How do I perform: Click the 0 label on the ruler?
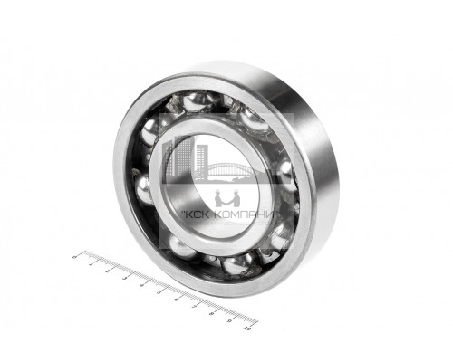[75, 257]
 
